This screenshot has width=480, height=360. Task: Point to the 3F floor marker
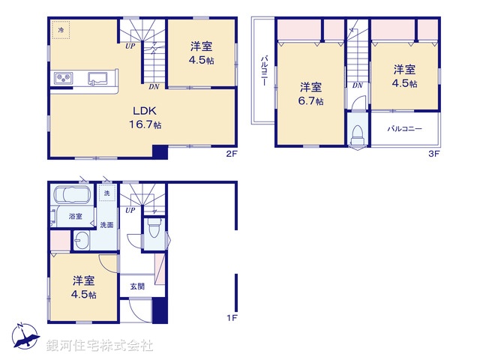433,154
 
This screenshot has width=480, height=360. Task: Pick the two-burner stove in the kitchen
61,79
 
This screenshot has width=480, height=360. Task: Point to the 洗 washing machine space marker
106,193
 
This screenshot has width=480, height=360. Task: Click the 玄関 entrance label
136,286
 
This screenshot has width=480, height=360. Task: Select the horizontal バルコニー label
404,129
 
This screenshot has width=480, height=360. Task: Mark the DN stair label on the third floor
357,85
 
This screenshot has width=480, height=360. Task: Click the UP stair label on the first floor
130,209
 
